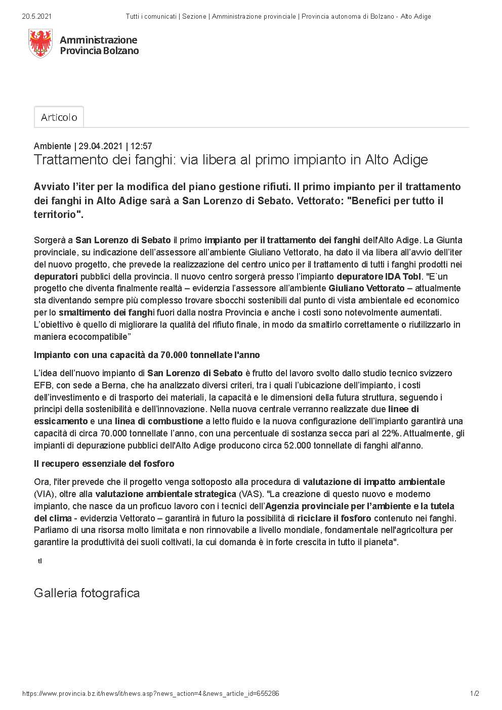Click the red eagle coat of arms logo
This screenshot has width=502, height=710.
pyautogui.click(x=41, y=43)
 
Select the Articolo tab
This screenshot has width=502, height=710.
pyautogui.click(x=59, y=117)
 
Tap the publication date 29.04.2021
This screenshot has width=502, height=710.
pyautogui.click(x=101, y=146)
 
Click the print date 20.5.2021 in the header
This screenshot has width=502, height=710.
pyautogui.click(x=37, y=16)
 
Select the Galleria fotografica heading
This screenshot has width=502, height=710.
pyautogui.click(x=87, y=593)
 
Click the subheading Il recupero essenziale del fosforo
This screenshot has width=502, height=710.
pyautogui.click(x=104, y=464)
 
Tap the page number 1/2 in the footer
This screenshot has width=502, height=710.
pyautogui.click(x=474, y=694)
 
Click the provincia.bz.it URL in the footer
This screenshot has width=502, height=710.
pyautogui.click(x=150, y=694)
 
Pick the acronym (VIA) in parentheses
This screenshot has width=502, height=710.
pyautogui.click(x=44, y=494)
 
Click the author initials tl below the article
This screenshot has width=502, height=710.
pyautogui.click(x=39, y=561)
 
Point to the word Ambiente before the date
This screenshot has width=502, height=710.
pyautogui.click(x=52, y=146)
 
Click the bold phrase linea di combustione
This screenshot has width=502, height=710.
pyautogui.click(x=159, y=421)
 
